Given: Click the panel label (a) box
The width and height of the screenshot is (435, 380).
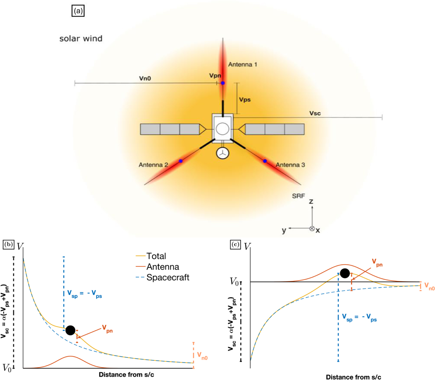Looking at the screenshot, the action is click(78, 11).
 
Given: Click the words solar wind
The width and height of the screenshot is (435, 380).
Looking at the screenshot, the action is click(81, 39).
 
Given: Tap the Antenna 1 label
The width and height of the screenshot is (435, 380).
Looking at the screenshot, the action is click(243, 64).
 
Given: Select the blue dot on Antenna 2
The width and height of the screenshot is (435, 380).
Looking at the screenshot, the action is click(181, 161).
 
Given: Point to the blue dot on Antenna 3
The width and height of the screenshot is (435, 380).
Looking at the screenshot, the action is click(265, 161).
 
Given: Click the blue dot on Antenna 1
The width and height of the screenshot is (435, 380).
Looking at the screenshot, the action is click(223, 83).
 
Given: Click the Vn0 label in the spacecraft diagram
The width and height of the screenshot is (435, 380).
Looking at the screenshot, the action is click(145, 78).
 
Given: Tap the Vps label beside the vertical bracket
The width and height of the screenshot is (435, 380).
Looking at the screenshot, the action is click(245, 100).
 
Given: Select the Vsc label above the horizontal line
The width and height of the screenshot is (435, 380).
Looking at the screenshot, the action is click(315, 113).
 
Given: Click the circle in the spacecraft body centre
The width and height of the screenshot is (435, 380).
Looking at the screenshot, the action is click(222, 128).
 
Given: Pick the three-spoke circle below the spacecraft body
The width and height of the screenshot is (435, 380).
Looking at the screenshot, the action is click(222, 153).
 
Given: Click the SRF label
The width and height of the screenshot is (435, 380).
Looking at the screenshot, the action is click(298, 196).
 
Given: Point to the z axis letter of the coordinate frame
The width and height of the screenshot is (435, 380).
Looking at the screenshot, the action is click(311, 201).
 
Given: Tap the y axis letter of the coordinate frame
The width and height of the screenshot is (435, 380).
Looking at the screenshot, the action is click(284, 230).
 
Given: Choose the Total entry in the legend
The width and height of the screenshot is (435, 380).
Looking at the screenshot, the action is click(151, 256).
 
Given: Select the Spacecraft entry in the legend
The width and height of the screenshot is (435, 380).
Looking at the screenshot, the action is click(162, 277).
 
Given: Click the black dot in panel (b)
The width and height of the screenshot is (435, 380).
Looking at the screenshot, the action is click(70, 330).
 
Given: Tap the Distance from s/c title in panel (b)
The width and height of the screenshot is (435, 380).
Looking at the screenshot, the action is click(126, 375).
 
